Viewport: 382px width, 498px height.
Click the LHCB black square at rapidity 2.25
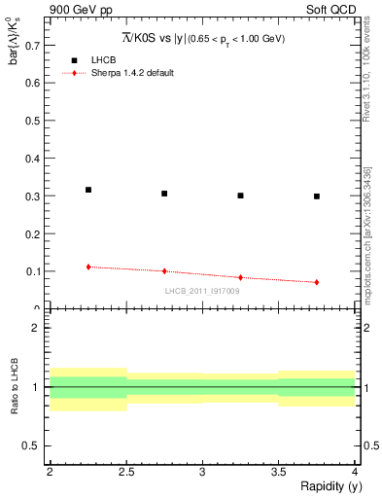point(88,190)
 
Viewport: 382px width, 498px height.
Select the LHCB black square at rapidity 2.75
point(164,194)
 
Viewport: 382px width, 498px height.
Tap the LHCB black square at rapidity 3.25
point(241,196)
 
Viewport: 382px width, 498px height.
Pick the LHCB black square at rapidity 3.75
point(317,196)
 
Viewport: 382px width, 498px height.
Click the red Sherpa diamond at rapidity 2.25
point(88,267)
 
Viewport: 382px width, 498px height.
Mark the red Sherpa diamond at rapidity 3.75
point(317,282)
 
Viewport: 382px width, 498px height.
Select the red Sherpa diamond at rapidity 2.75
point(164,271)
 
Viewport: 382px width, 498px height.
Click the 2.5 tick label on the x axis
point(125,472)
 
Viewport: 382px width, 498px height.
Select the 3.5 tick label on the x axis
point(278,472)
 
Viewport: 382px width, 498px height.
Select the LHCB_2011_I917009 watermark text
point(202,291)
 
